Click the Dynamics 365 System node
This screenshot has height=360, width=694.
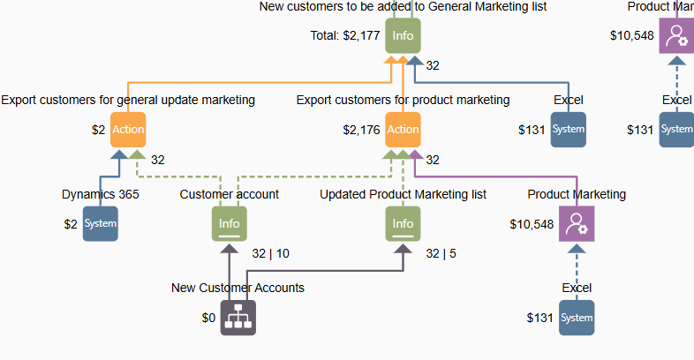pyautogui.click(x=100, y=223)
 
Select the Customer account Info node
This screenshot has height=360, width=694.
pyautogui.click(x=230, y=223)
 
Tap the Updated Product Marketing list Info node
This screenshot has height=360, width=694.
pyautogui.click(x=403, y=223)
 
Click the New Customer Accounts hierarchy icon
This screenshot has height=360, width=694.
pyautogui.click(x=238, y=318)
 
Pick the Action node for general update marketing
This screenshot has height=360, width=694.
pyautogui.click(x=128, y=130)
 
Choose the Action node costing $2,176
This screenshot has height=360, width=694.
pyautogui.click(x=403, y=130)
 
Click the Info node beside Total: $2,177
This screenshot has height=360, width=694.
pyautogui.click(x=403, y=36)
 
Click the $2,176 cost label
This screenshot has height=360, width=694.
pyautogui.click(x=361, y=130)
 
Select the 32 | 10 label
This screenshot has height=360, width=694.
pyautogui.click(x=270, y=253)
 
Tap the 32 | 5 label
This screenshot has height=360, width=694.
pyautogui.click(x=441, y=253)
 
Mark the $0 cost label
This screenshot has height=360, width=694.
pyautogui.click(x=208, y=318)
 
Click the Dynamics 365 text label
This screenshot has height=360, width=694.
pyautogui.click(x=101, y=194)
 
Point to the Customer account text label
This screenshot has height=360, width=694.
pyautogui.click(x=230, y=194)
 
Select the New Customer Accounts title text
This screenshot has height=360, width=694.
pyautogui.click(x=238, y=288)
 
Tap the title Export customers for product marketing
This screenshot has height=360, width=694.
pyautogui.click(x=403, y=100)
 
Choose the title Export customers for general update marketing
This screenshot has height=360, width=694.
pyautogui.click(x=128, y=100)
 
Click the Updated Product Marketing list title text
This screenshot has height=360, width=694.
pyautogui.click(x=403, y=194)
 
